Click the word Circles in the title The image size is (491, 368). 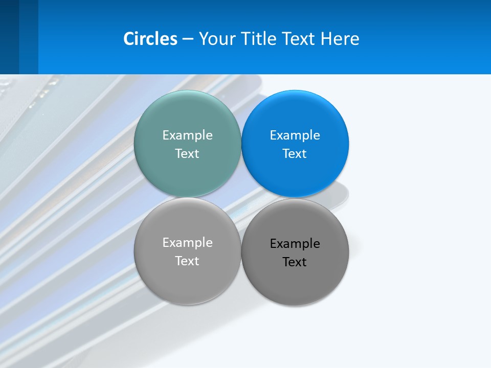(150, 39)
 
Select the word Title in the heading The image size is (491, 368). (260, 39)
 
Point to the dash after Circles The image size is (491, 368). (188, 39)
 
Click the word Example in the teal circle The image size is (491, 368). (187, 135)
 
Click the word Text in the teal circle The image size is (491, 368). (187, 153)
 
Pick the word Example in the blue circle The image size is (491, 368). (295, 135)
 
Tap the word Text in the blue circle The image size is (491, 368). (295, 153)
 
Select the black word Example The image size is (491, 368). (295, 243)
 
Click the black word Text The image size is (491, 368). (295, 262)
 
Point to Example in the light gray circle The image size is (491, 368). (187, 242)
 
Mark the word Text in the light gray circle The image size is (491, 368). (187, 261)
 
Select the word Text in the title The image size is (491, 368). (299, 39)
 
